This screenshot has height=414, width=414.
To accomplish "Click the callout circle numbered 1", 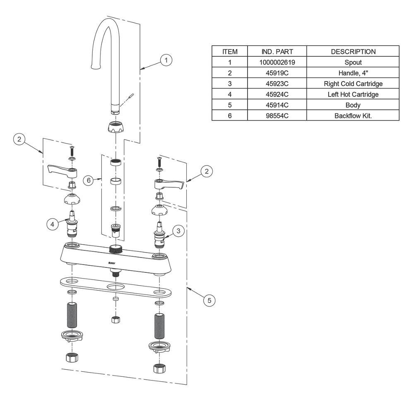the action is coord(166,60).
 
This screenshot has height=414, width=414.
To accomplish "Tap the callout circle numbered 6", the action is coord(89,181).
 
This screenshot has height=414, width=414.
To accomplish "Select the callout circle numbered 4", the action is coord(52,224).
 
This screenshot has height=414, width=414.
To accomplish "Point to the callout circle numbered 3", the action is coord(178,231).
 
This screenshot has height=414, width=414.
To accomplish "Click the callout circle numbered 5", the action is coord(209,301).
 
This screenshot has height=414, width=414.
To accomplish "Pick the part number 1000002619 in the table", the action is coord(277,63).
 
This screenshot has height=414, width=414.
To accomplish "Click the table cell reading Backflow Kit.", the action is coord(353,116).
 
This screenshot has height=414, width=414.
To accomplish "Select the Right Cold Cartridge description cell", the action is coord(353,84).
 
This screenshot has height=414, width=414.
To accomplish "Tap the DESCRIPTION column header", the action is coord(353,51).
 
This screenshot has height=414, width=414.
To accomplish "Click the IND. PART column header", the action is coord(277,51).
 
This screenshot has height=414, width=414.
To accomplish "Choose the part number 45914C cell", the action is coord(277,105).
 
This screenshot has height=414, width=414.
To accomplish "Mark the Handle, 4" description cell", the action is coord(353,73).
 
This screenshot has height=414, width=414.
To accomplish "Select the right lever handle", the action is coord(169,184).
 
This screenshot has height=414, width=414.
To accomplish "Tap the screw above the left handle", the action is coord(72,151).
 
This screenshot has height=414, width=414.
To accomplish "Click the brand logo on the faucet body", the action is coord(112,263).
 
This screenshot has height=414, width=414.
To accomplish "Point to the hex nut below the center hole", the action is coord(116,320).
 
